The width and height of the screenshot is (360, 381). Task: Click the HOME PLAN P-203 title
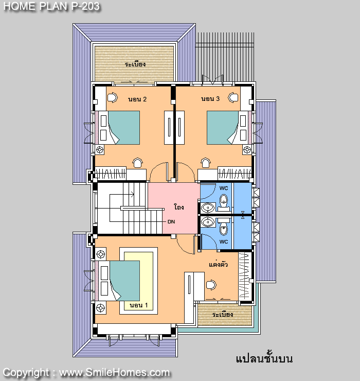pyautogui.click(x=51, y=6)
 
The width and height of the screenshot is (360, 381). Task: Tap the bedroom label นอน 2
pyautogui.click(x=137, y=99)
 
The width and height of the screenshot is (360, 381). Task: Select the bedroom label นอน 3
pyautogui.click(x=210, y=99)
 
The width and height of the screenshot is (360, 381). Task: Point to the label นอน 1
pyautogui.click(x=139, y=305)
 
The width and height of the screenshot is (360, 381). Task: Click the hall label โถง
pyautogui.click(x=179, y=207)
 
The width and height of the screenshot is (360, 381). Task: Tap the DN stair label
pyautogui.click(x=171, y=221)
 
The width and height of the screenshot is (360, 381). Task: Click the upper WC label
pyautogui.click(x=224, y=188)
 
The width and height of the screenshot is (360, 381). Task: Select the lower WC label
pyautogui.click(x=224, y=242)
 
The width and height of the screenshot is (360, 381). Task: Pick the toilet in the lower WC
pyautogui.click(x=224, y=227)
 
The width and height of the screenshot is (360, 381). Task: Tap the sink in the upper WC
pyautogui.click(x=208, y=208)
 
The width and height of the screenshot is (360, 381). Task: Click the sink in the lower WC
pyautogui.click(x=208, y=222)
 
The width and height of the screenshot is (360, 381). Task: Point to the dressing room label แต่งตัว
pyautogui.click(x=218, y=264)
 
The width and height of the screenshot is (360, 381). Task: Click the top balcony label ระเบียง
pyautogui.click(x=135, y=64)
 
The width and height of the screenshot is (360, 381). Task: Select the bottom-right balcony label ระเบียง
pyautogui.click(x=223, y=315)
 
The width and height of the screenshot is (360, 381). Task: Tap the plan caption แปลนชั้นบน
pyautogui.click(x=264, y=358)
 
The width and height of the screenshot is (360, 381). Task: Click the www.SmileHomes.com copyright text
pyautogui.click(x=114, y=373)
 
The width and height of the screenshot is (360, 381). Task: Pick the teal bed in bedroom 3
pyautogui.click(x=222, y=128)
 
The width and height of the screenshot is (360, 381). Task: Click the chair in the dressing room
pyautogui.click(x=211, y=285)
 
